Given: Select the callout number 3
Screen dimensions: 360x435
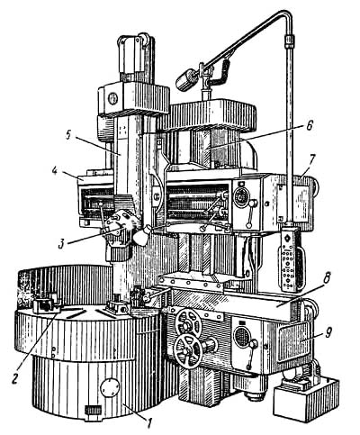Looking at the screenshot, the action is click(61, 243).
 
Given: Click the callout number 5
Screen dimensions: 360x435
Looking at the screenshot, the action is click(69, 134).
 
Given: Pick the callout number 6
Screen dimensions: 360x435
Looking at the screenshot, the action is click(310, 125).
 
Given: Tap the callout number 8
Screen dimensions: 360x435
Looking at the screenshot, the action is click(326, 279).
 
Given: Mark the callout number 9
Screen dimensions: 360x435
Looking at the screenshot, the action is click(328, 332).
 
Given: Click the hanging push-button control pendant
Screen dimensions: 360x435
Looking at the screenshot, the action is click(290, 259).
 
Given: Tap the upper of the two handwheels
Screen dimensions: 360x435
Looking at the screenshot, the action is click(189, 322).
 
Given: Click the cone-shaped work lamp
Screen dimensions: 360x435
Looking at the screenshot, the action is click(140, 235).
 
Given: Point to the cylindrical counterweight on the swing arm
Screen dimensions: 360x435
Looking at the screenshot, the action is click(186, 79).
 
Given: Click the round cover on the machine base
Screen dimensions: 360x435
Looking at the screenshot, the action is click(111, 387).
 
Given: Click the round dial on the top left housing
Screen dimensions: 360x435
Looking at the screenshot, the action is click(112, 99).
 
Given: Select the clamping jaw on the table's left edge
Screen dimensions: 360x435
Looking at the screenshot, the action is click(47, 304).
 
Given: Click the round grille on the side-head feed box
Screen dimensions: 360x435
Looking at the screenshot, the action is click(242, 337).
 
